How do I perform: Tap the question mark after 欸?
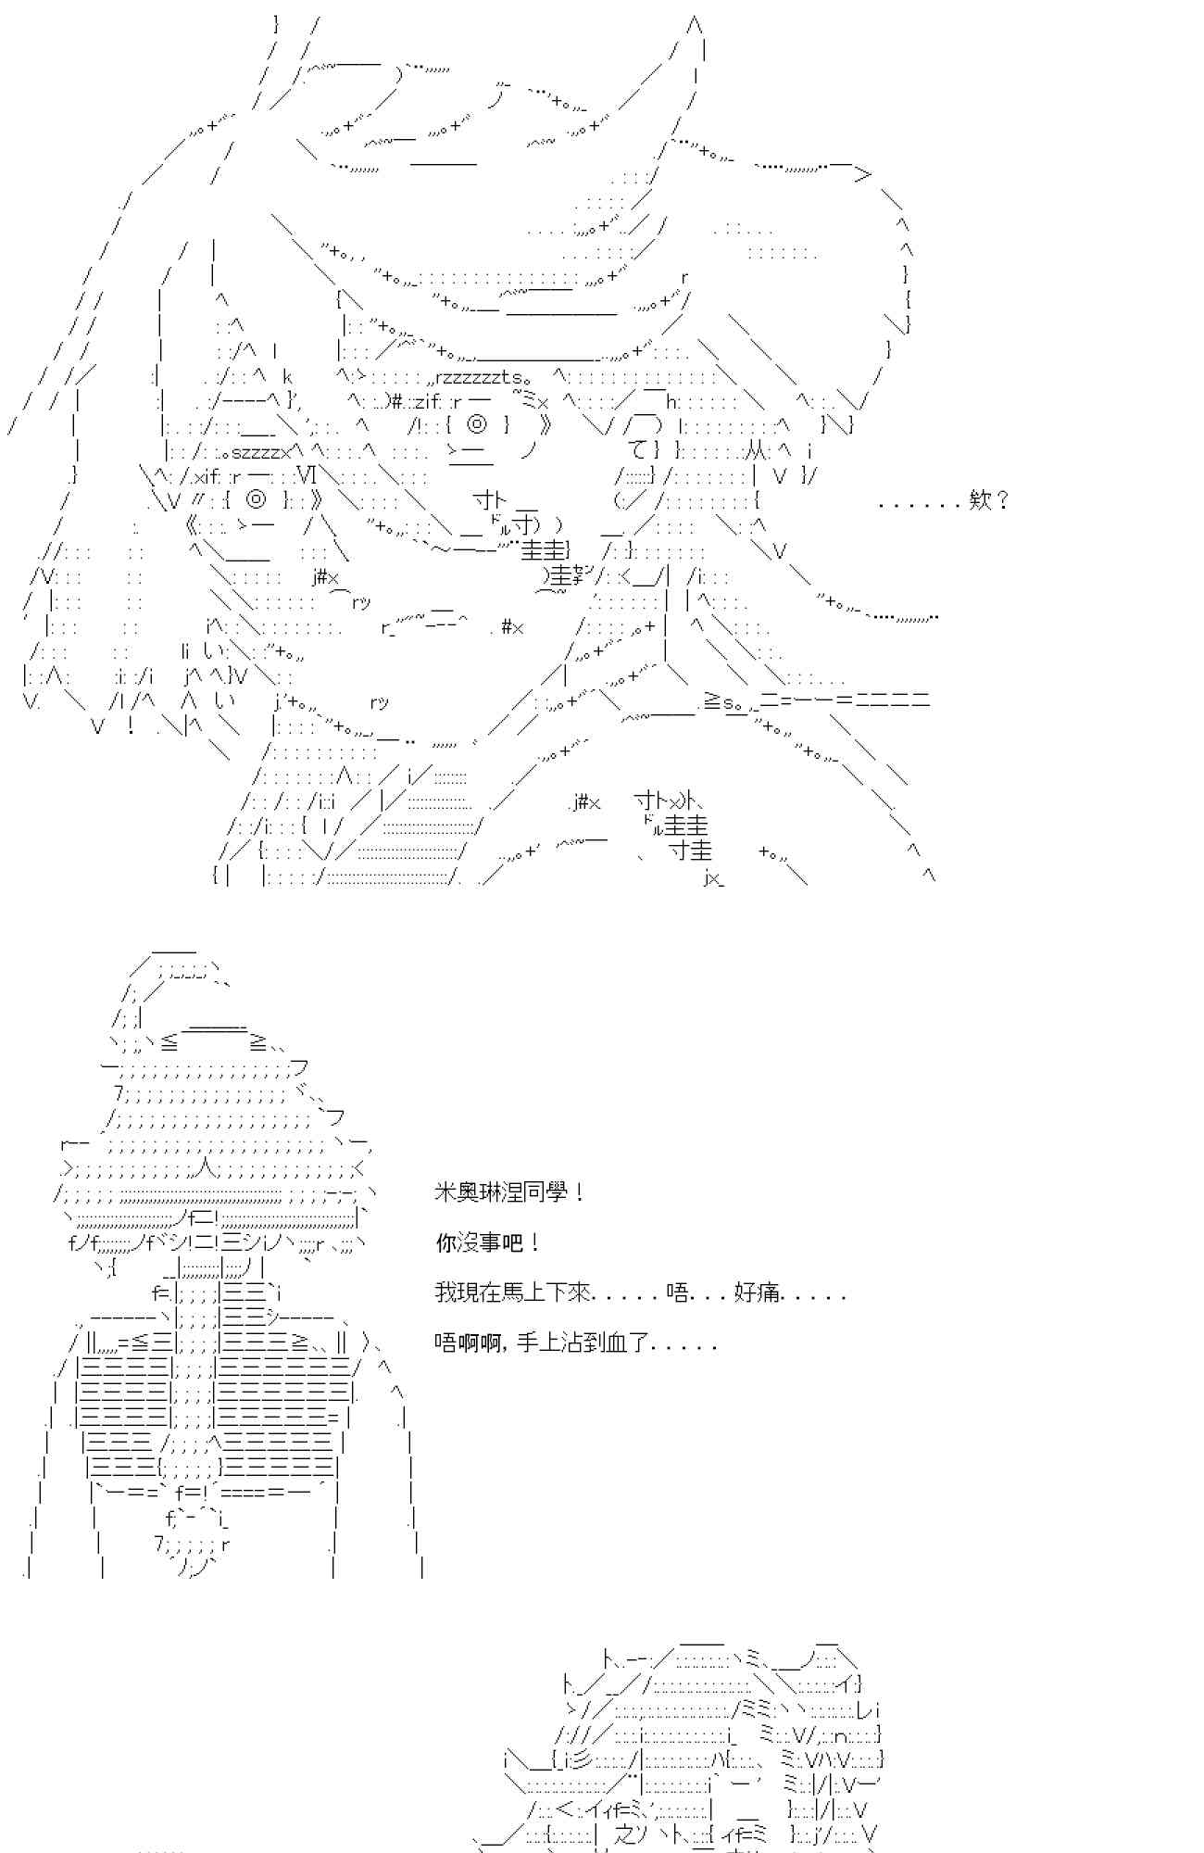click(1002, 501)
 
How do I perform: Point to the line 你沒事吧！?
click(488, 1242)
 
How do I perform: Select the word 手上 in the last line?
click(535, 1342)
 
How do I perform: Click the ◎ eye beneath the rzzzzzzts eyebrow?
click(477, 425)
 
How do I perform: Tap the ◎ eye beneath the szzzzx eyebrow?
click(258, 499)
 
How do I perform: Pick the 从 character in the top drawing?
click(757, 451)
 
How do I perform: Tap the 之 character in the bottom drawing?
click(626, 1833)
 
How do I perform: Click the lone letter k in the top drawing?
click(287, 378)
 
